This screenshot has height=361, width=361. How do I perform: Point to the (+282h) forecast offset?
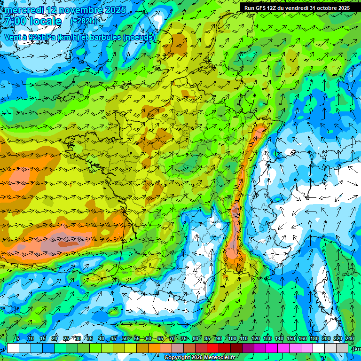tap(84, 21)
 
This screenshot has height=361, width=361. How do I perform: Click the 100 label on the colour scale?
tap(232, 339)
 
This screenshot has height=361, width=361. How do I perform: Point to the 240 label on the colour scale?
tap(349, 339)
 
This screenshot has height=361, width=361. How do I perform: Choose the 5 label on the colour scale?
tap(18, 339)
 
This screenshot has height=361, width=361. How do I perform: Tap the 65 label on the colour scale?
tap(160, 339)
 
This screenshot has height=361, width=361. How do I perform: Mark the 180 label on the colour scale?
tap(314, 339)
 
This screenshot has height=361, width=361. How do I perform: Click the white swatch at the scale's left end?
tap(13, 348)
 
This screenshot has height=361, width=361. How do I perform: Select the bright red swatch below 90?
tap(213, 348)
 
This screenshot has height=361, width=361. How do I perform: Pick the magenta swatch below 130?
tap(272, 348)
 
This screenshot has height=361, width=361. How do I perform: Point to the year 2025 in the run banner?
tap(343, 8)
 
